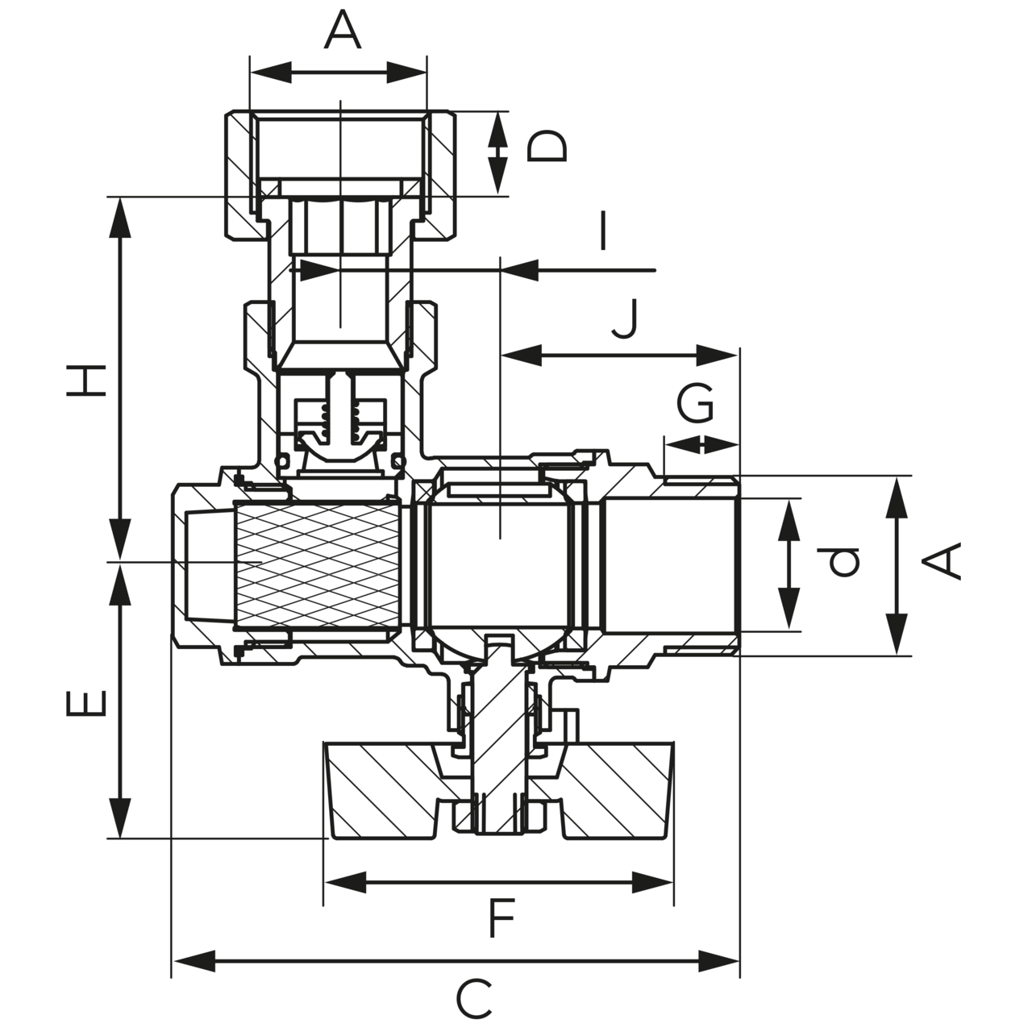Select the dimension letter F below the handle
[x=501, y=920]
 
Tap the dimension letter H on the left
[x=87, y=380]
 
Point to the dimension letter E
[x=87, y=702]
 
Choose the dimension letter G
[x=695, y=403]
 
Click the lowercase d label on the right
[x=843, y=562]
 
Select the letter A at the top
[x=342, y=32]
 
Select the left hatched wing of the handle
[x=379, y=786]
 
